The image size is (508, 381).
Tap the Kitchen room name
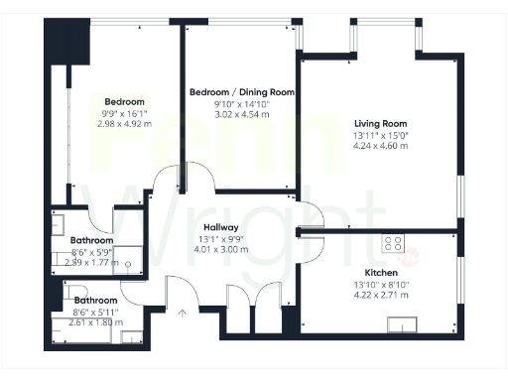click(381, 272)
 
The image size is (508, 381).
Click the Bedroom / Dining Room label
click(242, 92)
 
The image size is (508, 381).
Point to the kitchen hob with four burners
click(394, 241)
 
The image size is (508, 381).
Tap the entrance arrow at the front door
click(182, 315)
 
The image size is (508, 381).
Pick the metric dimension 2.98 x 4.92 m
click(125, 126)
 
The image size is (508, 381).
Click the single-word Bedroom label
click(125, 102)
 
